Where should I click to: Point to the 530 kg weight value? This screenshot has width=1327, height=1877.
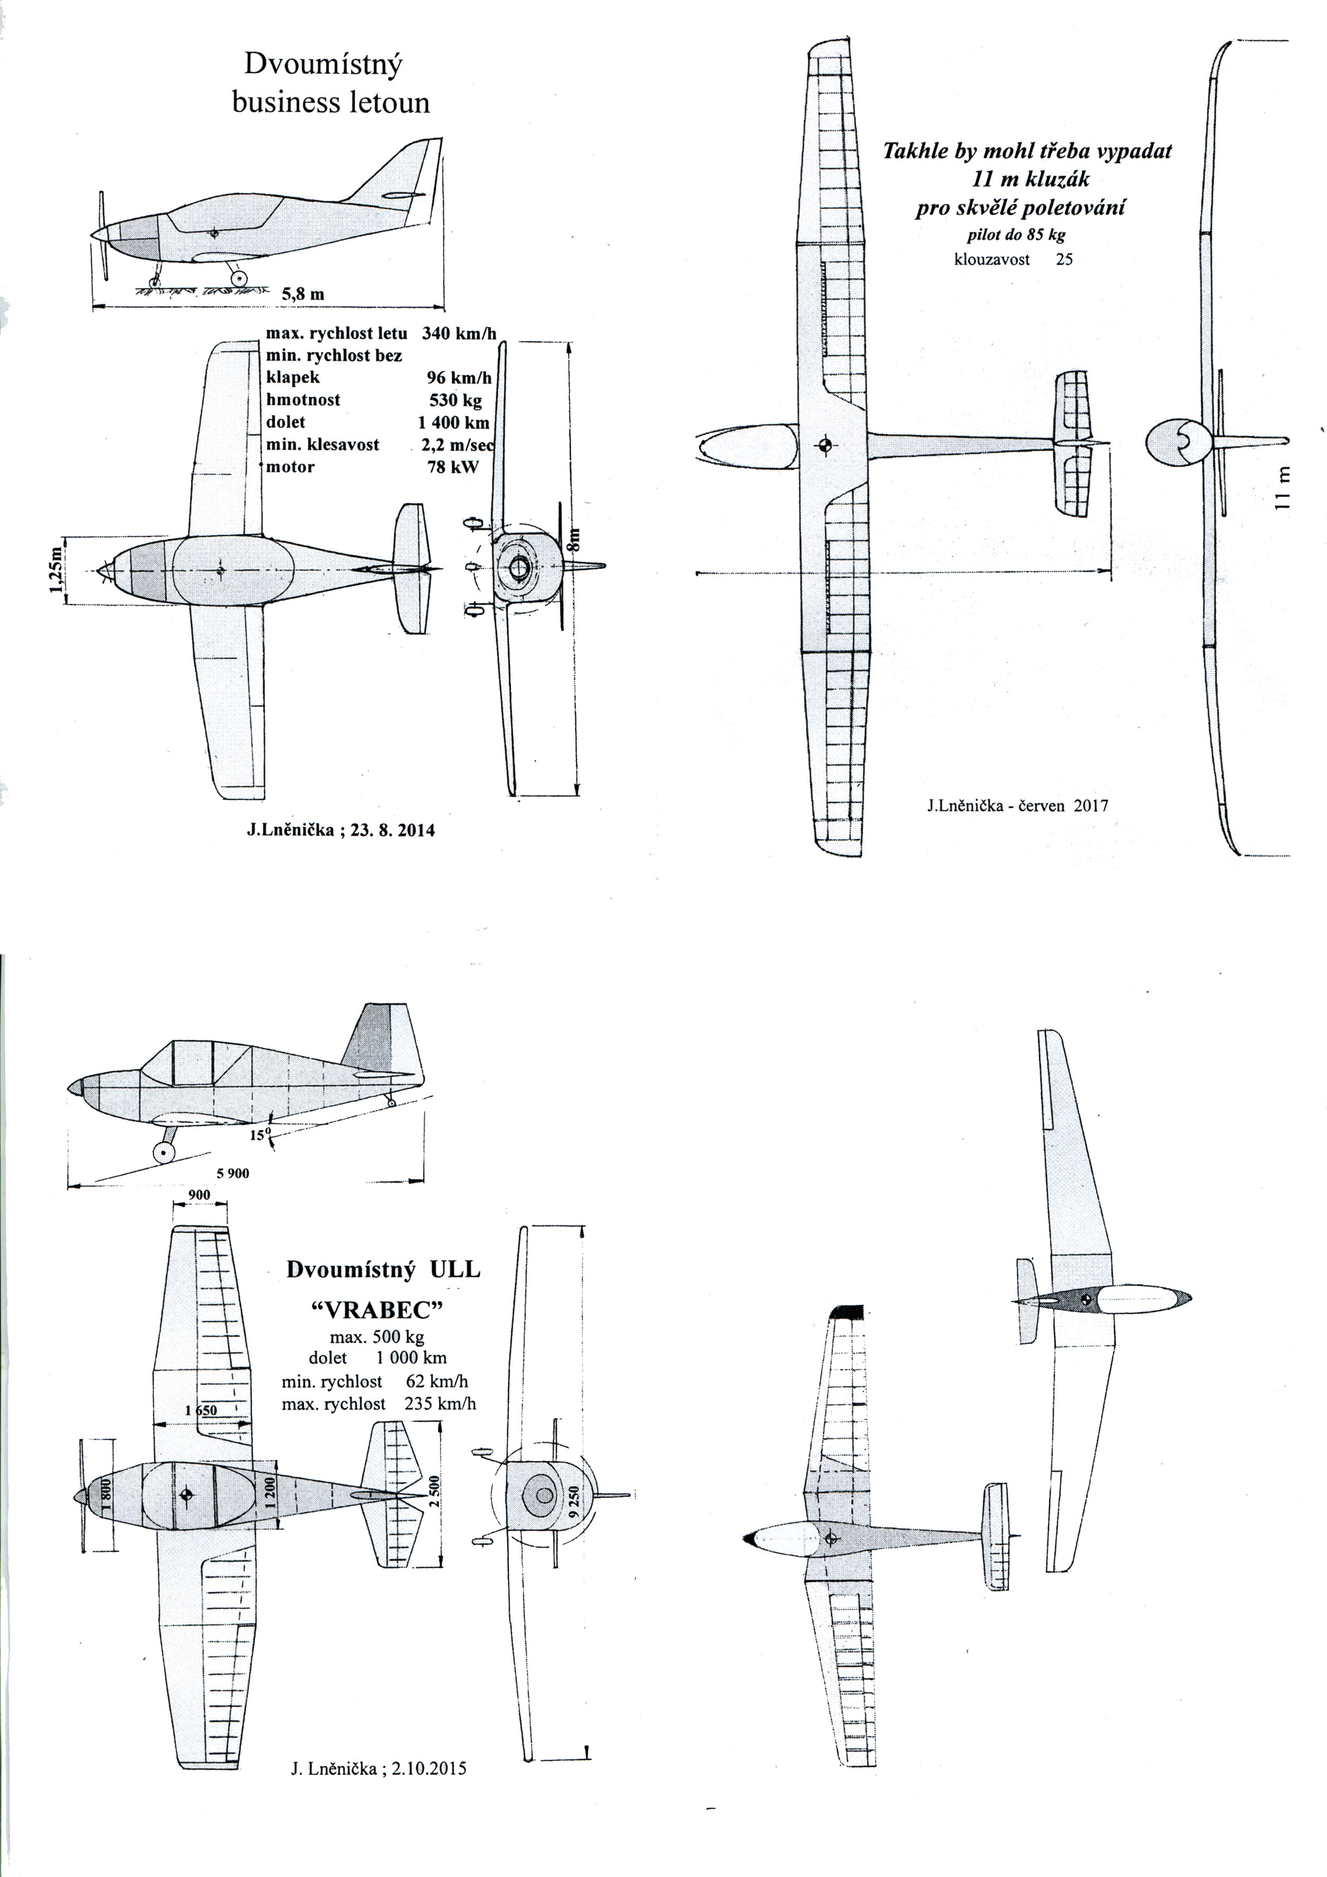[x=455, y=401]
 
